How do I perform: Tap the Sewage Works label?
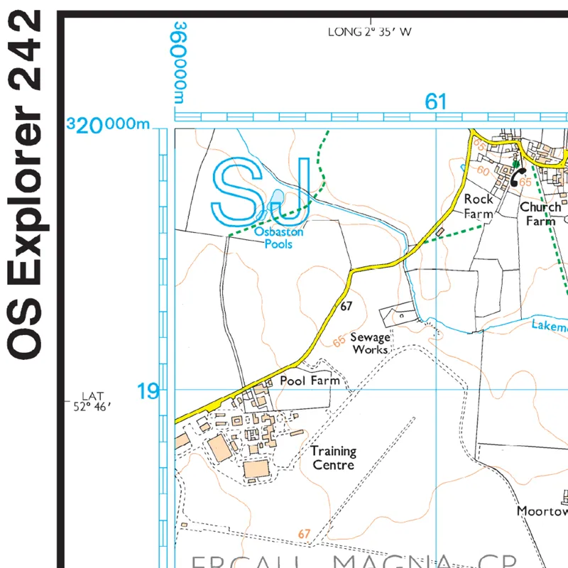coord(370,344)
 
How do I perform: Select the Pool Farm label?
coord(310,381)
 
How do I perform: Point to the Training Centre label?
coord(333,458)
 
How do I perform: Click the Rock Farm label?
coord(478,207)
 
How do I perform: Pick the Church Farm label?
coord(540,214)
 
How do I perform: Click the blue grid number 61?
coord(435,102)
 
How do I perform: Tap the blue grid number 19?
coord(148,390)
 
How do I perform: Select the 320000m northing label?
coord(108,126)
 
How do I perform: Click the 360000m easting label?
coord(180,63)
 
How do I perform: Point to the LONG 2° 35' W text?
coord(370,32)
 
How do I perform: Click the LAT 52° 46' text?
coord(93,401)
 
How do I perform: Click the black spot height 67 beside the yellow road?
coord(346,307)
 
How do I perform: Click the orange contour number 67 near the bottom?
coord(305,534)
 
